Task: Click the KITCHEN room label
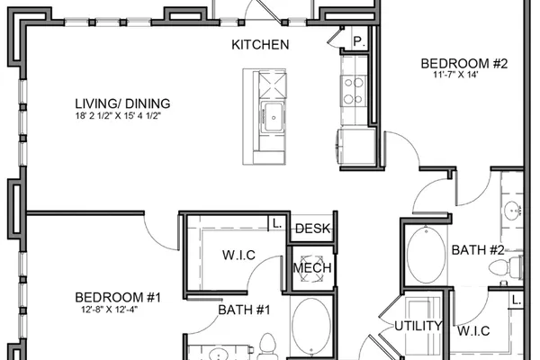[x=260, y=45]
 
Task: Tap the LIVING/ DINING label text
[x=122, y=103]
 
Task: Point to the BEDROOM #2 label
[x=463, y=64]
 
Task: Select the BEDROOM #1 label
[x=118, y=297]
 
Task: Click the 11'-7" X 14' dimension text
[x=456, y=75]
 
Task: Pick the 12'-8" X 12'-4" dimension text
[x=110, y=310]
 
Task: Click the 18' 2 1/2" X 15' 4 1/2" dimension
[x=119, y=116]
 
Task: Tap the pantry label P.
[x=359, y=42]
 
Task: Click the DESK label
[x=312, y=229]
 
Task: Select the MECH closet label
[x=312, y=268]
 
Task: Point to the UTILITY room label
[x=418, y=326]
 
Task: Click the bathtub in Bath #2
[x=426, y=254]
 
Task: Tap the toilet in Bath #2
[x=506, y=269]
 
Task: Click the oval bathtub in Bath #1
[x=311, y=327]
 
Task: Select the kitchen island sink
[x=274, y=116]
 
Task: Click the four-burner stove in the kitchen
[x=354, y=91]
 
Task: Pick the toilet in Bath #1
[x=267, y=346]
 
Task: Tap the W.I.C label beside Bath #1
[x=238, y=256]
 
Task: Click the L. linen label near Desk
[x=277, y=223]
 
